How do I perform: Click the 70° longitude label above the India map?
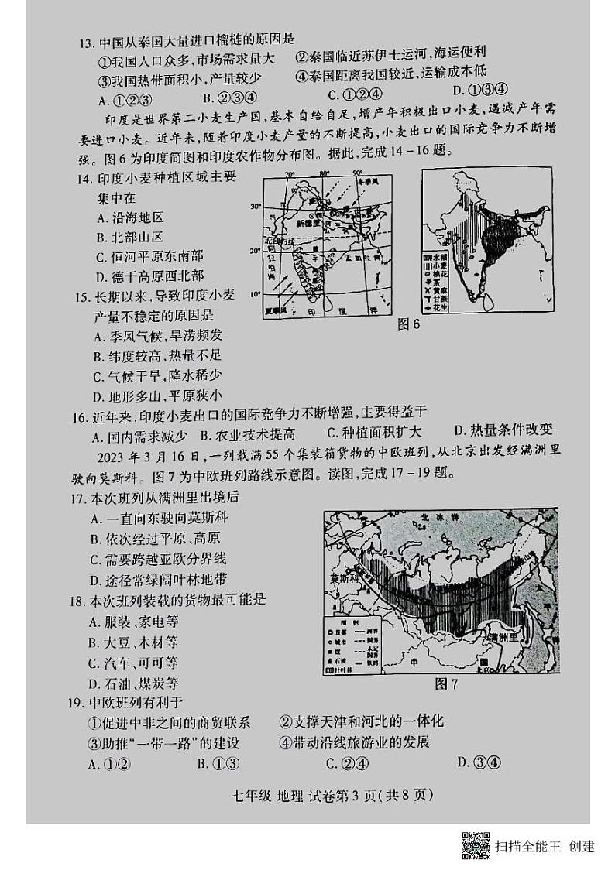tap(290, 173)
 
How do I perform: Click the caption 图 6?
tap(407, 324)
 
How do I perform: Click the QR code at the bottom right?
tap(475, 844)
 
